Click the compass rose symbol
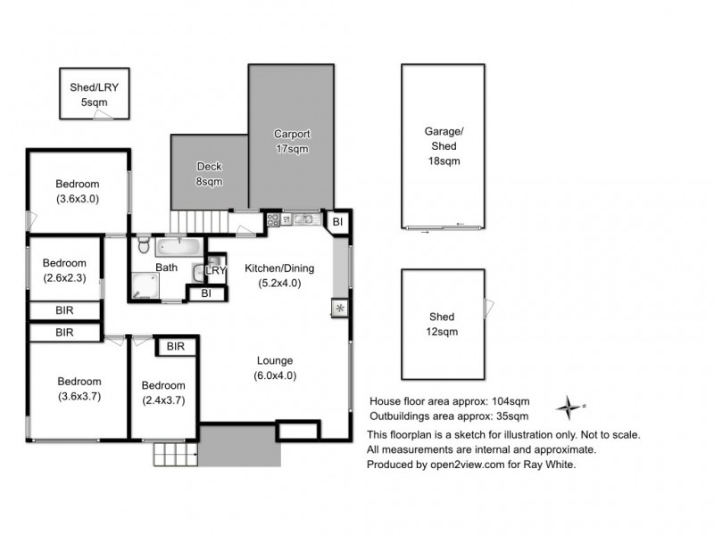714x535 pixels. pyautogui.click(x=569, y=408)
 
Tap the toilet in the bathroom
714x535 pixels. pyautogui.click(x=144, y=245)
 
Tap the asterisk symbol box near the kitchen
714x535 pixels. pyautogui.click(x=340, y=309)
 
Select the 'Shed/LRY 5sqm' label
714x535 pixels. pyautogui.click(x=94, y=95)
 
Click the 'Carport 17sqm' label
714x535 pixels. pyautogui.click(x=291, y=141)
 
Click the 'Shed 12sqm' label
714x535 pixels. pyautogui.click(x=441, y=324)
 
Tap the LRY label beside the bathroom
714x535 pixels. pyautogui.click(x=216, y=270)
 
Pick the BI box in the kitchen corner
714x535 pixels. pyautogui.click(x=337, y=221)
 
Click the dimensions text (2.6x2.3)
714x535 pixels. pyautogui.click(x=64, y=277)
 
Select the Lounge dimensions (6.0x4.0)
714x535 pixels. pyautogui.click(x=276, y=375)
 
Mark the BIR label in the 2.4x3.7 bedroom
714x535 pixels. pyautogui.click(x=176, y=346)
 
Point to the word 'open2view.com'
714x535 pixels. pyautogui.click(x=456, y=465)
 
